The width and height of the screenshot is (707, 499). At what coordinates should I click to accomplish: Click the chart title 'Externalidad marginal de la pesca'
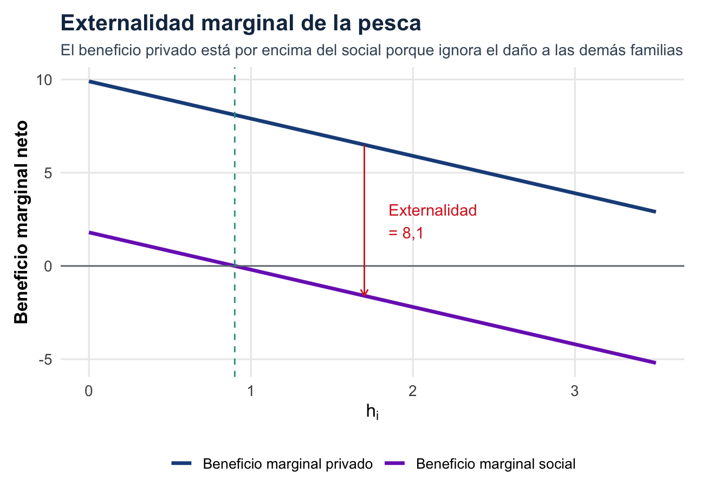pos(241,24)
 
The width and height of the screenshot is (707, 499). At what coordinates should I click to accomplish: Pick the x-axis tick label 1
pos(251,391)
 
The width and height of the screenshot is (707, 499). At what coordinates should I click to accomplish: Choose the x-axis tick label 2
pos(413,391)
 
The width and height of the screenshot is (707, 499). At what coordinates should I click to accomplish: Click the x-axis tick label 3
pos(574,391)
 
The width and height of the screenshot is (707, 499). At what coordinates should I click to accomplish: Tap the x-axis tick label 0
pos(89,391)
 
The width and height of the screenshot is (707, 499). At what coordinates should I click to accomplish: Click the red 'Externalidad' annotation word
pos(433,211)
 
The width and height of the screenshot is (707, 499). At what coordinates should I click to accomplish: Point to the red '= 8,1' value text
pos(406,233)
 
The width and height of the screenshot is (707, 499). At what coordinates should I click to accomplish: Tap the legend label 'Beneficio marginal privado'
pos(288,464)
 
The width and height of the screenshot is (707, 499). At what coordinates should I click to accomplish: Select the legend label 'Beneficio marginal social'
pos(495,464)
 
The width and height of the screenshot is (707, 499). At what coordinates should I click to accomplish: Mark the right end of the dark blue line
pos(655,211)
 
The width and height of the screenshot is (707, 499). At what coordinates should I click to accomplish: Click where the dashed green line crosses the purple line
pos(235,265)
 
